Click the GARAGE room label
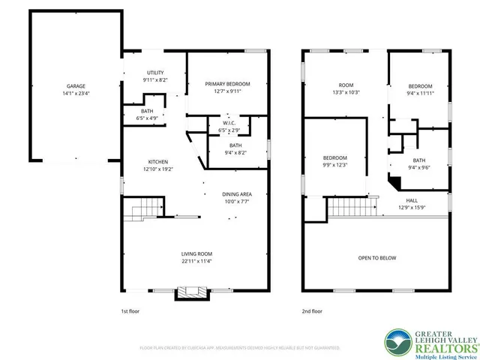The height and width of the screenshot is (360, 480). pyautogui.click(x=75, y=86)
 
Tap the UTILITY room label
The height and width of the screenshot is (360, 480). pyautogui.click(x=155, y=73)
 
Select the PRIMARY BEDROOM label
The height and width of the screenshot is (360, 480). pyautogui.click(x=228, y=84)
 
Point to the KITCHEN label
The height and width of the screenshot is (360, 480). pyautogui.click(x=157, y=162)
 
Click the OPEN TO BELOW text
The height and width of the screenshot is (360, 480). pyautogui.click(x=376, y=258)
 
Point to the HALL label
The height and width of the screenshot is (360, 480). pyautogui.click(x=412, y=200)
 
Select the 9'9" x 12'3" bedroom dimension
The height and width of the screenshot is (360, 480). pyautogui.click(x=334, y=164)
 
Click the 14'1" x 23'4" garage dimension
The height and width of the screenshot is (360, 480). pyautogui.click(x=75, y=94)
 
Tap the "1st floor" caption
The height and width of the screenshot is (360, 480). pyautogui.click(x=130, y=310)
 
